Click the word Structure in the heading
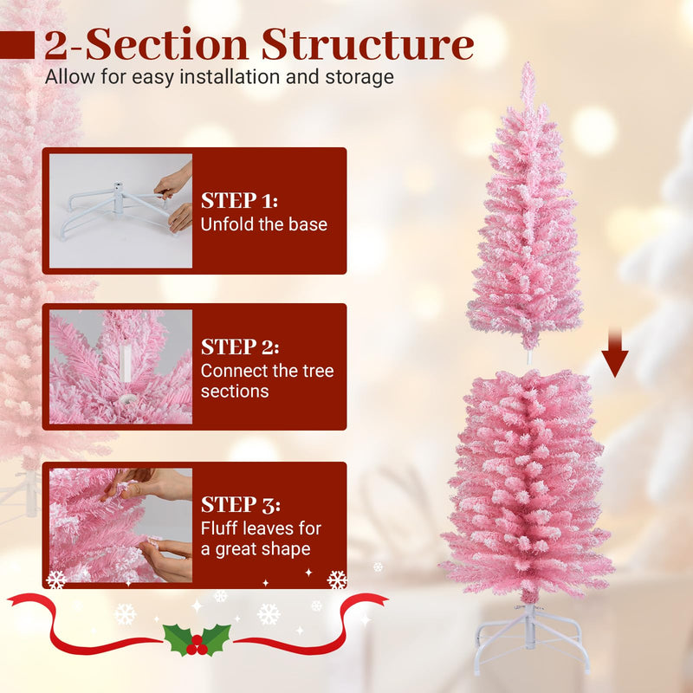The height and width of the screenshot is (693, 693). click(367, 45)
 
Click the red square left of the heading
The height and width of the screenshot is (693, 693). click(16, 45)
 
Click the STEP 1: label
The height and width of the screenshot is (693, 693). click(240, 201)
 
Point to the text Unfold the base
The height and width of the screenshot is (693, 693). click(264, 224)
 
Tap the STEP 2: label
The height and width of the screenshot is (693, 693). click(240, 347)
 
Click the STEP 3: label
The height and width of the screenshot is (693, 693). click(240, 504)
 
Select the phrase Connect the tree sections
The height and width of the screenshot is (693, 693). click(267, 381)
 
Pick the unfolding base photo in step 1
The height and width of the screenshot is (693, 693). click(120, 210)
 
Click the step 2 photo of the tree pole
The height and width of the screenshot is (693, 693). click(120, 366)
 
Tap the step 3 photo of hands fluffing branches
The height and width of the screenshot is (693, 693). click(120, 525)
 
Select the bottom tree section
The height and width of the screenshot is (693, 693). click(526, 485)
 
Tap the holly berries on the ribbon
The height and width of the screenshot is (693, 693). click(198, 644)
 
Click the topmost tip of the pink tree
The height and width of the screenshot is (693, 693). click(526, 66)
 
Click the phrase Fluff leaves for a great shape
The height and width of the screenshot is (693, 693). click(261, 538)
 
